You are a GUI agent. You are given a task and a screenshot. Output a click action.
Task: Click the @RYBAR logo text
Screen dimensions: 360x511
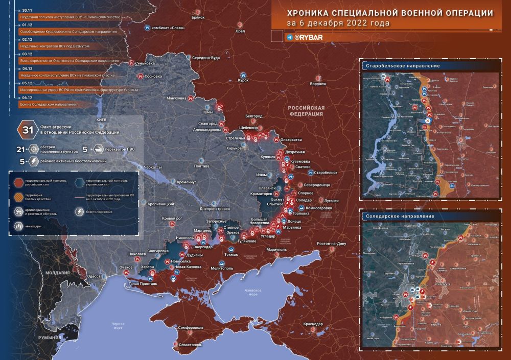tap(308, 37)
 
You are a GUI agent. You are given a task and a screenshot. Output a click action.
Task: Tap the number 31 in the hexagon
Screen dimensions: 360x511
tap(25, 129)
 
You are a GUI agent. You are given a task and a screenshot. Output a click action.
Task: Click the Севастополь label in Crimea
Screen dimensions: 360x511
tap(190, 345)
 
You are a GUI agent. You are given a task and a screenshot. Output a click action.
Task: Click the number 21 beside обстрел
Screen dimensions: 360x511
tap(20, 149)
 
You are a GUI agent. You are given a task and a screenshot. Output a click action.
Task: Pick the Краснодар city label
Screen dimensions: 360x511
tap(312, 324)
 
